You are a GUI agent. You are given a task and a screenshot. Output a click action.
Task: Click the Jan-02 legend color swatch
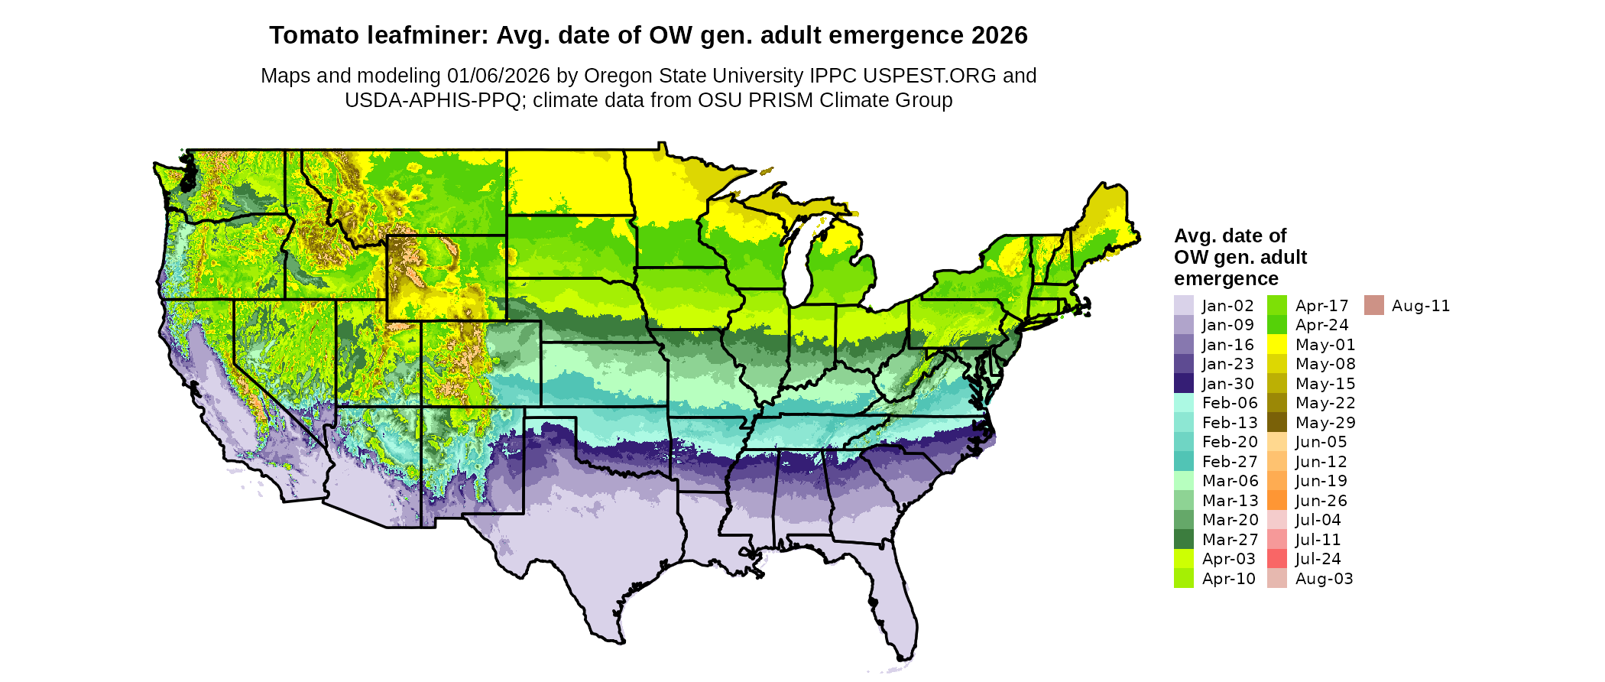[x=1184, y=306]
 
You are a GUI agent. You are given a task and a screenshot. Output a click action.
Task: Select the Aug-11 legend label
[x=1420, y=306]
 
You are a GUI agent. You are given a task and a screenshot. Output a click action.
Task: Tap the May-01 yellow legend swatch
[x=1277, y=345]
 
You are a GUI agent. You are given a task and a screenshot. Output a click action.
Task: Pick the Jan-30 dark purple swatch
[x=1184, y=384]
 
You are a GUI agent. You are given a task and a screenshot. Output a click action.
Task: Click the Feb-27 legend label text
[x=1229, y=462]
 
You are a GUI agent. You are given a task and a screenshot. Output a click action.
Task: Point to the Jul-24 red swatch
[x=1277, y=559]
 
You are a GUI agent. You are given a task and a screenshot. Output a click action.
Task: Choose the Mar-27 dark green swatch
[x=1184, y=540]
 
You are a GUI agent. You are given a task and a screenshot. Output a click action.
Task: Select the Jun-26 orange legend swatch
[x=1277, y=501]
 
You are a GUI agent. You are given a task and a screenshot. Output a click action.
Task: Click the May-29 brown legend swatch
[x=1277, y=423]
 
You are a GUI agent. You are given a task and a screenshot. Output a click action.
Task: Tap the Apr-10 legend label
[x=1228, y=579]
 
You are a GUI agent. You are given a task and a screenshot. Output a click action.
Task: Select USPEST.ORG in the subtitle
[x=929, y=76]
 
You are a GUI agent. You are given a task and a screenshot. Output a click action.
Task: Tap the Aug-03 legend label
[x=1324, y=579]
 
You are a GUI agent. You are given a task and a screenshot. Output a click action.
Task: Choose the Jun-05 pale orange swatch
[x=1277, y=442]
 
